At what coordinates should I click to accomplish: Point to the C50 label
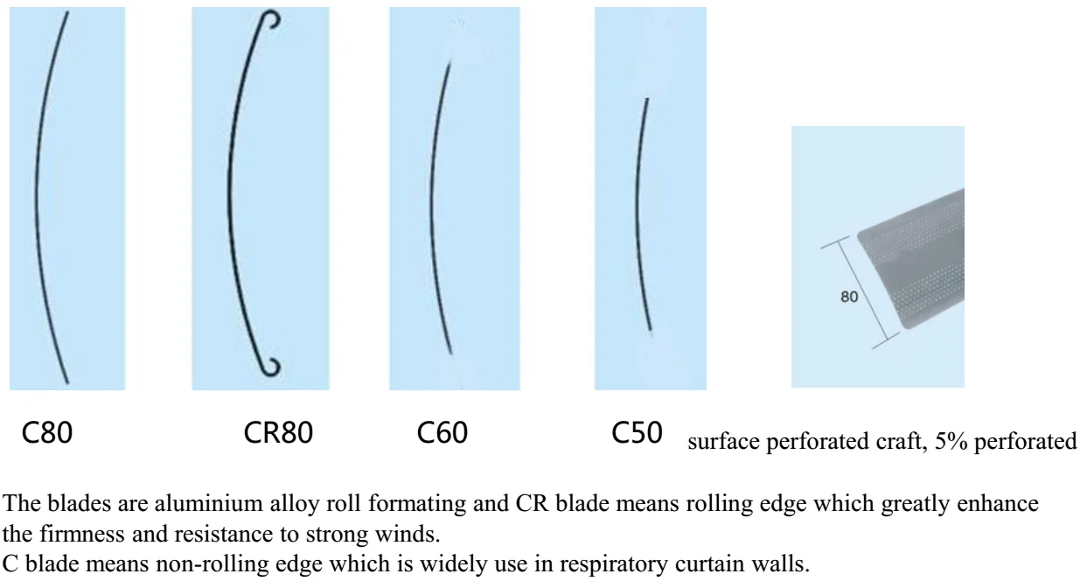pos(637,433)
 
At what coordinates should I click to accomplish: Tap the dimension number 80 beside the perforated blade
pos(849,297)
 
